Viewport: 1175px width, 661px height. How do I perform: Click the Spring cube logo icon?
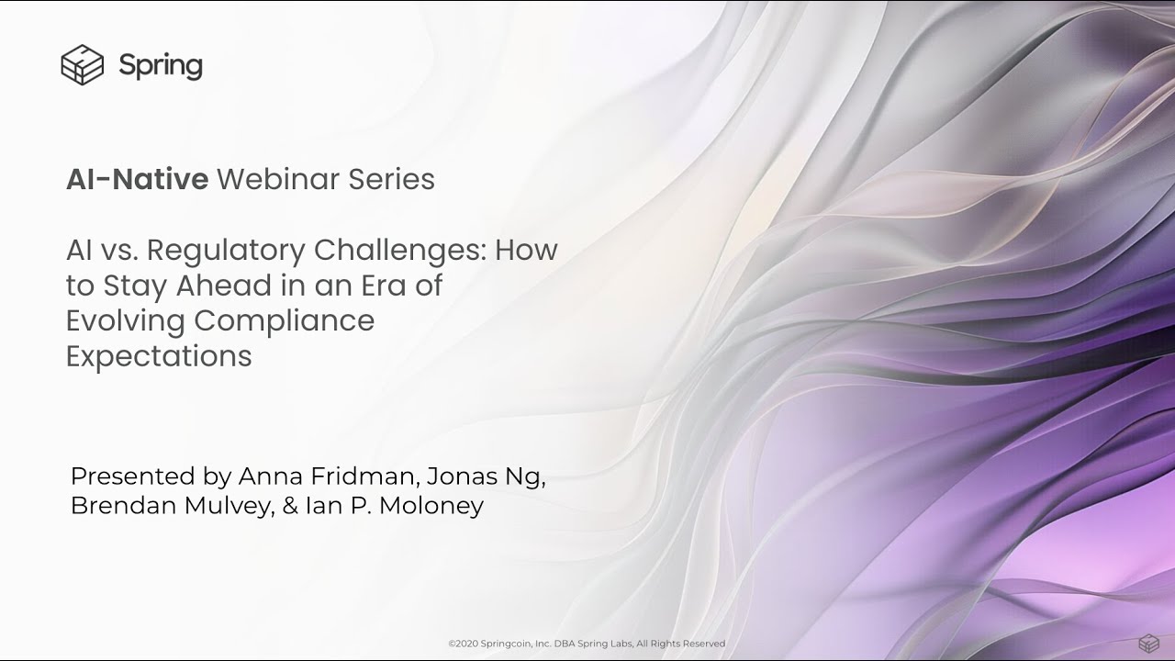click(x=82, y=65)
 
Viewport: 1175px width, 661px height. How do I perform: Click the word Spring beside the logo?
click(x=161, y=66)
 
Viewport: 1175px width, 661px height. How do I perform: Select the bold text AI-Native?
click(x=137, y=179)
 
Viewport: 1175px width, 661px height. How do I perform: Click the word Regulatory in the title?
click(x=226, y=250)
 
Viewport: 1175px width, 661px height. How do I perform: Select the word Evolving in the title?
click(x=125, y=321)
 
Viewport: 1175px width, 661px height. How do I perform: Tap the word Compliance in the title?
click(x=284, y=321)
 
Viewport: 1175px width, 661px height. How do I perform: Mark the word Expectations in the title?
click(x=159, y=356)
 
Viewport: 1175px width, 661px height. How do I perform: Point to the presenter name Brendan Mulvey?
click(x=172, y=506)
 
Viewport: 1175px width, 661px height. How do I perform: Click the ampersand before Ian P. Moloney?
click(x=291, y=506)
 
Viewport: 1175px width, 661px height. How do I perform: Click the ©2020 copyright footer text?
click(x=587, y=644)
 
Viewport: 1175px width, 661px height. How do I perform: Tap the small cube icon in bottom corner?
click(x=1147, y=643)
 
